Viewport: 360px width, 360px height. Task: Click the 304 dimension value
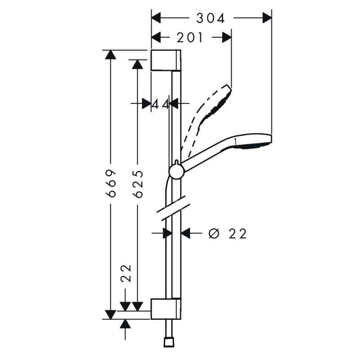pos(210,18)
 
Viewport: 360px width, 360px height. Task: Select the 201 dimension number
pos(190,37)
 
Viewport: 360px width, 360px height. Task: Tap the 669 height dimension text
pos(111,184)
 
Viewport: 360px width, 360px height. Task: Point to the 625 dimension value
pos(138,184)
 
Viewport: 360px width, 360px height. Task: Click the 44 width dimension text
pos(161,105)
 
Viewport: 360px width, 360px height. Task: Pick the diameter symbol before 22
pos(214,234)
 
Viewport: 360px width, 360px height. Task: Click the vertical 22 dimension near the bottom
pos(126,273)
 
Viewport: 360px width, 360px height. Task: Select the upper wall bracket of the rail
pos(166,60)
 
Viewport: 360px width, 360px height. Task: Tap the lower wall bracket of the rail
pos(166,309)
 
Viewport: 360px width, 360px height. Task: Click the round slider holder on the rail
pos(177,172)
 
